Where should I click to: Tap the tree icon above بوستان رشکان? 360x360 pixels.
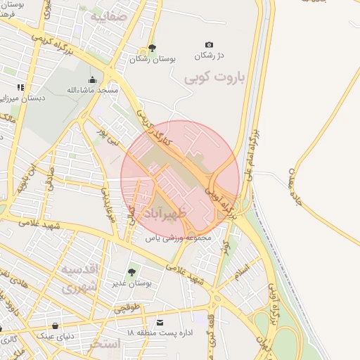pos(152,48)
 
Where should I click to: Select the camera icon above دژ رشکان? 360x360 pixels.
pos(208,45)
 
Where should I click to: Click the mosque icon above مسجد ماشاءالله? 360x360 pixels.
pos(92,79)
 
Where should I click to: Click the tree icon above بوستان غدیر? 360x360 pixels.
pos(131,272)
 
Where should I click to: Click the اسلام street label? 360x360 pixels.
pos(247,271)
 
